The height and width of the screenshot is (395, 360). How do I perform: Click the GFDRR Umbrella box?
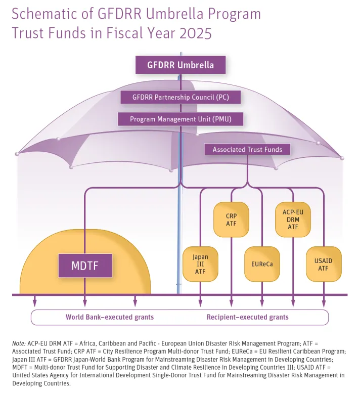(180, 65)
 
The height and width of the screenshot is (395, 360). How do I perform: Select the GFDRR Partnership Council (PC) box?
(180, 97)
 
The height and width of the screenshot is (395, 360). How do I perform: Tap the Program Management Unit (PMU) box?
(180, 119)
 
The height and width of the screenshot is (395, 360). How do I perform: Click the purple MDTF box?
(85, 265)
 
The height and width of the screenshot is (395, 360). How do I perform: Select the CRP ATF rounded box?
(231, 220)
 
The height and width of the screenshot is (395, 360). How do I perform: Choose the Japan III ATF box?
(200, 264)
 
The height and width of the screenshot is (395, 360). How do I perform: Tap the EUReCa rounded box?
(262, 264)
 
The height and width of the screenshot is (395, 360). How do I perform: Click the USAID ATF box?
(324, 264)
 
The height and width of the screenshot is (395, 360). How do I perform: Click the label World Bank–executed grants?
(109, 317)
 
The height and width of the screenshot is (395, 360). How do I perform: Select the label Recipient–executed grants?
(247, 317)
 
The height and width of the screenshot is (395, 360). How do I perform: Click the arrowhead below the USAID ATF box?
(324, 302)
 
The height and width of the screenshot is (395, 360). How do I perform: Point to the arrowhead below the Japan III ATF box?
(200, 302)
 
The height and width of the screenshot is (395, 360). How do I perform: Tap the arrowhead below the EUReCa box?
(262, 302)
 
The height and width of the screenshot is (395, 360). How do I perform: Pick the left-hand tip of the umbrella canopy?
(18, 153)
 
